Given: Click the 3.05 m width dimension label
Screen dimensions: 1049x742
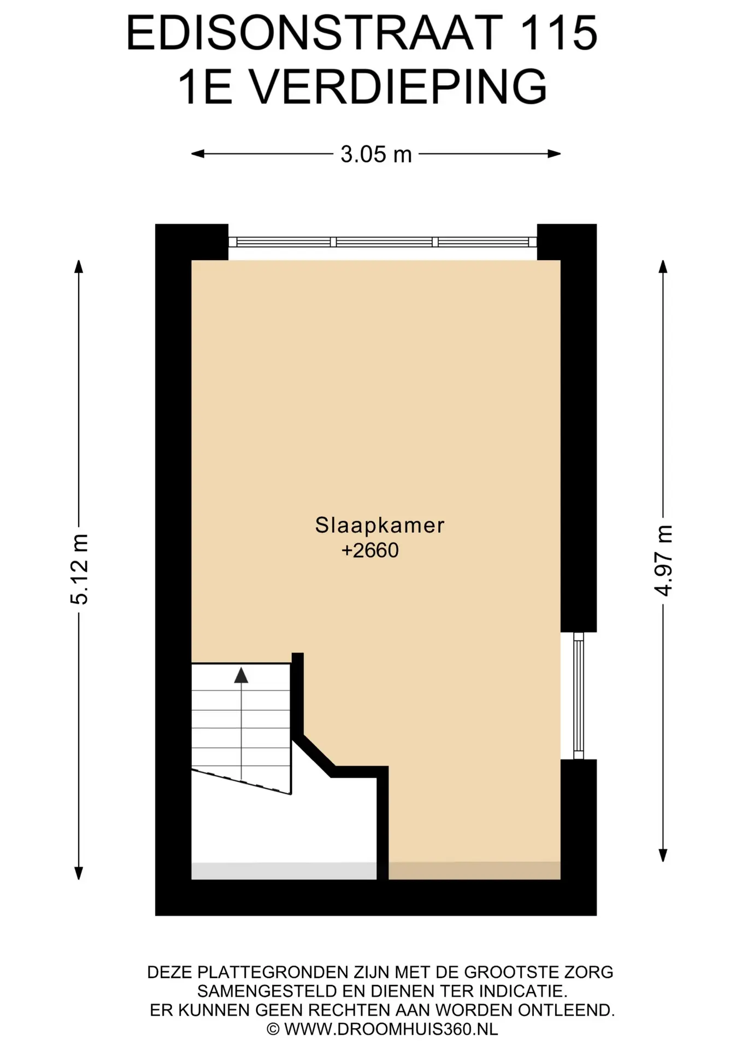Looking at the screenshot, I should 376,155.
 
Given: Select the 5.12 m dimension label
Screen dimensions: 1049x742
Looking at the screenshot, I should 79,569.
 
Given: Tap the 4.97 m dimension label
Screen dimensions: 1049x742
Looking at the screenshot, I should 663,560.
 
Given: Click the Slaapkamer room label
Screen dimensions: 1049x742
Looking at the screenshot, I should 380,525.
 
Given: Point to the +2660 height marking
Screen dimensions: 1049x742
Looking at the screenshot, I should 370,550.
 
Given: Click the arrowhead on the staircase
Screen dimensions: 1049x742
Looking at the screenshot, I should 241,675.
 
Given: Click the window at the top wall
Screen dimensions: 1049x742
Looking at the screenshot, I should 382,242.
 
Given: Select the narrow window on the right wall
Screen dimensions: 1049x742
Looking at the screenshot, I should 578,696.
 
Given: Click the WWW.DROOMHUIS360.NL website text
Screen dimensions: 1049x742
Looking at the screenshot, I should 391,1029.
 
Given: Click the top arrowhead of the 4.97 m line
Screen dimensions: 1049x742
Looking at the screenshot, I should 663,267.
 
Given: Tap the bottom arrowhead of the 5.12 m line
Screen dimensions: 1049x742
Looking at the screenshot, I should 79,873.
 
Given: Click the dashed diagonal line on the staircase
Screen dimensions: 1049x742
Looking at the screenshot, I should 240,781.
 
